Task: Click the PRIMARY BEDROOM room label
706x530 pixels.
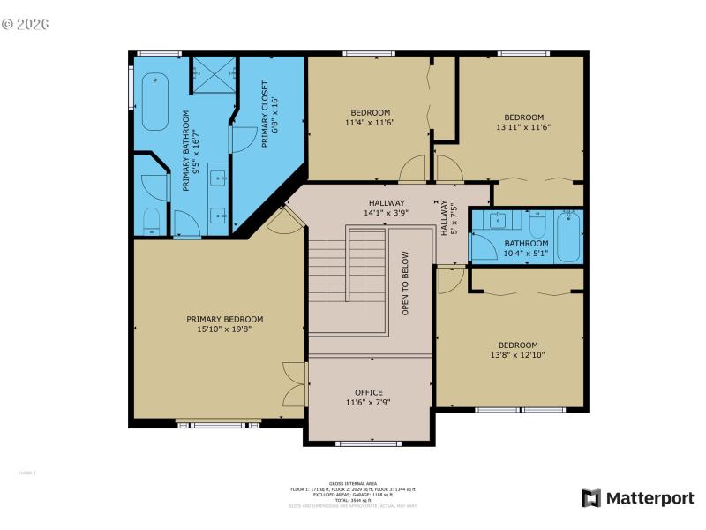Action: [224, 319]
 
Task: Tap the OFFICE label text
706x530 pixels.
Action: [369, 391]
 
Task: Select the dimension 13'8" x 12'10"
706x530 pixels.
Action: [518, 356]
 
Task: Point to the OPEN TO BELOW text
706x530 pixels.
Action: [406, 284]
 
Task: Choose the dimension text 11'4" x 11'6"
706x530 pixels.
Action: [371, 123]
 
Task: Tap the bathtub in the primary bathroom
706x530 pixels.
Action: [155, 102]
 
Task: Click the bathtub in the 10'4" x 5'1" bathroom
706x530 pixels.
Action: [570, 236]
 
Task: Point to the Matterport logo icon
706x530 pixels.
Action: [590, 498]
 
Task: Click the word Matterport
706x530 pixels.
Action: [650, 498]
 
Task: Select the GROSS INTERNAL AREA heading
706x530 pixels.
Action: [353, 483]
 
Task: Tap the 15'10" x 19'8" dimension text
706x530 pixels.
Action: [224, 329]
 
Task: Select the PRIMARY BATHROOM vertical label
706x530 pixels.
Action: [186, 150]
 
